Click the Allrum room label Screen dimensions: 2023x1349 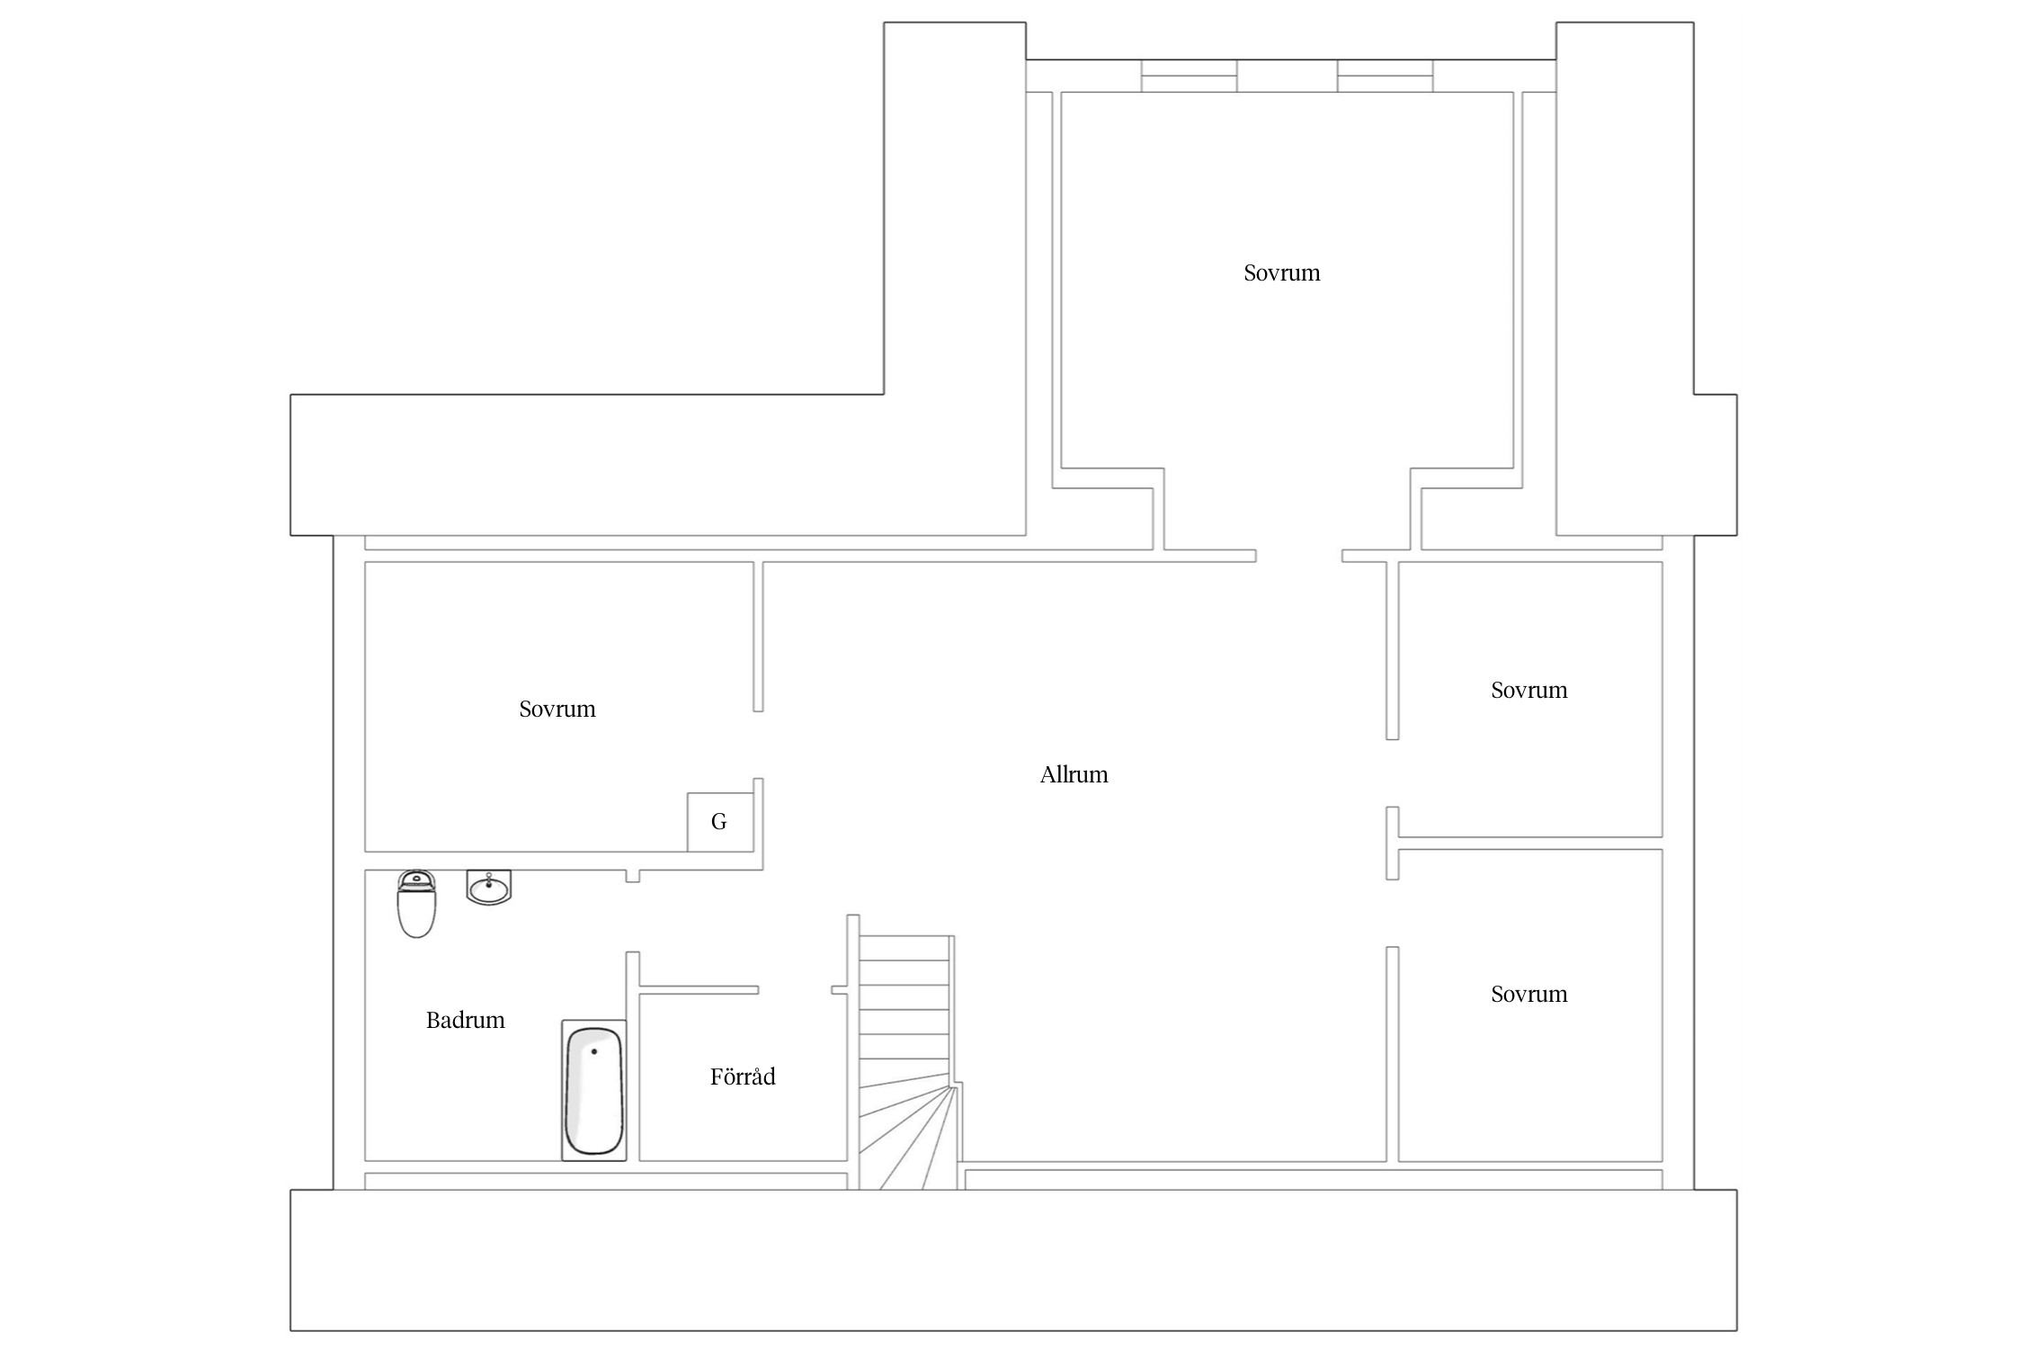point(1074,774)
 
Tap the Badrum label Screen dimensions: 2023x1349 point(465,1020)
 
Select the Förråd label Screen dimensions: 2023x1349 point(743,1077)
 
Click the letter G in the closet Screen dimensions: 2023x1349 point(718,821)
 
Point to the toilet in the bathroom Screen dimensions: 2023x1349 point(416,903)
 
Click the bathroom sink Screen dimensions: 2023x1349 point(488,887)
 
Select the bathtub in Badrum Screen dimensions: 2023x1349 point(593,1090)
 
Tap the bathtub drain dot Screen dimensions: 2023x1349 point(594,1051)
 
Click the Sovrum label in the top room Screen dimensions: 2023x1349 point(1281,272)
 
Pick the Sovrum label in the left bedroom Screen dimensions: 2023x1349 point(557,709)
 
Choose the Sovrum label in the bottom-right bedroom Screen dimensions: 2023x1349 point(1528,994)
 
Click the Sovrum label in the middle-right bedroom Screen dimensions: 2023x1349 point(1528,690)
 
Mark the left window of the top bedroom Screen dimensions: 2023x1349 point(1189,76)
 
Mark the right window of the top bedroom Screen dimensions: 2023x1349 point(1385,76)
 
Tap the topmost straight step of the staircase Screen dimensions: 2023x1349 point(905,948)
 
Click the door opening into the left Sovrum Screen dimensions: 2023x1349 point(758,745)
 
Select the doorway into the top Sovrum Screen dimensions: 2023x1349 point(1299,556)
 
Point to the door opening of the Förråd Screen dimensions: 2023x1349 point(795,990)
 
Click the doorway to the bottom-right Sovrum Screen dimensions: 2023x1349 point(1392,913)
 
